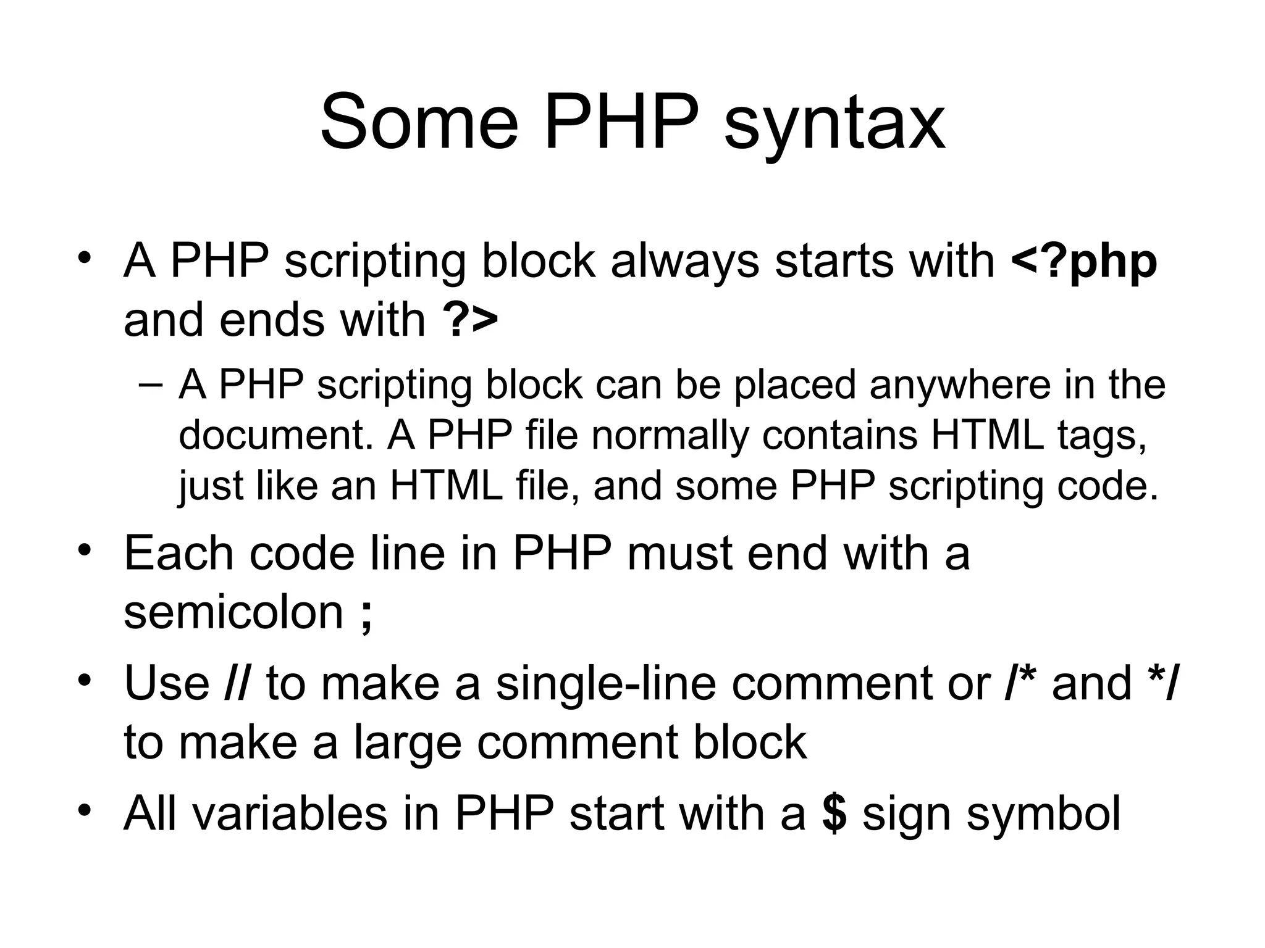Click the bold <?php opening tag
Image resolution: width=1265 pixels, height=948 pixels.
[1084, 262]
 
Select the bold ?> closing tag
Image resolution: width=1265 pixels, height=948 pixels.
[470, 320]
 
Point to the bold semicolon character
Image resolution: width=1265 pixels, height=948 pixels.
[366, 614]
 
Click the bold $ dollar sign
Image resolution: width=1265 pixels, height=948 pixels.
[834, 813]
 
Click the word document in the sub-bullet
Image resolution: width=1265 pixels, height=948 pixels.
[275, 435]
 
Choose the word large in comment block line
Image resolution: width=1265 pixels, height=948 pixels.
[407, 744]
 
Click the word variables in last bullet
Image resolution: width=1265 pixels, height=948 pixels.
[290, 813]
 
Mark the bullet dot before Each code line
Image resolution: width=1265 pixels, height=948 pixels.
[85, 549]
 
